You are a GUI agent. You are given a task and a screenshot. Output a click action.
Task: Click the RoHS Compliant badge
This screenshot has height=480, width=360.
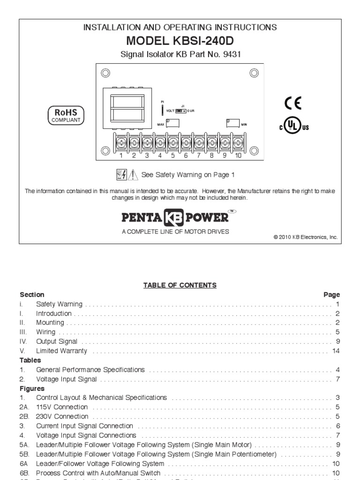pos(66,115)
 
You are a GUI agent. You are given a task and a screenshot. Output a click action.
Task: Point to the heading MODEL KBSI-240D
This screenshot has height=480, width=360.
pos(180,41)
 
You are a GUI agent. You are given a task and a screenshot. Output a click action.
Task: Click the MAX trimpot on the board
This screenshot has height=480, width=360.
pos(172,124)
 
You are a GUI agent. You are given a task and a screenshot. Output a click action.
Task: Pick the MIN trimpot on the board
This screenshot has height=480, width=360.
pos(232,124)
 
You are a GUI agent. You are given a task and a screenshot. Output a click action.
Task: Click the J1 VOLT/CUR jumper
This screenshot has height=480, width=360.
pos(180,111)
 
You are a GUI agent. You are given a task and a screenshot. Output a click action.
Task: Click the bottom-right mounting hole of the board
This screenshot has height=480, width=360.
pos(254,150)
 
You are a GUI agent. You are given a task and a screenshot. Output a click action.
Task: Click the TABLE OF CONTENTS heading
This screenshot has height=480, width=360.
pos(180,285)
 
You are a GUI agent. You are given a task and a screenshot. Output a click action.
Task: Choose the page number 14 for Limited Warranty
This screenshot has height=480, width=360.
pos(336,351)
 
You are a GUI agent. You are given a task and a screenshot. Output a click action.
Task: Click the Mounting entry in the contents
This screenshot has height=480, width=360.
pos(50,323)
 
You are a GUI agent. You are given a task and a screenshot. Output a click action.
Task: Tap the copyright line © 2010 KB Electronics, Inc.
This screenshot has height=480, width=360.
pos(305,237)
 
